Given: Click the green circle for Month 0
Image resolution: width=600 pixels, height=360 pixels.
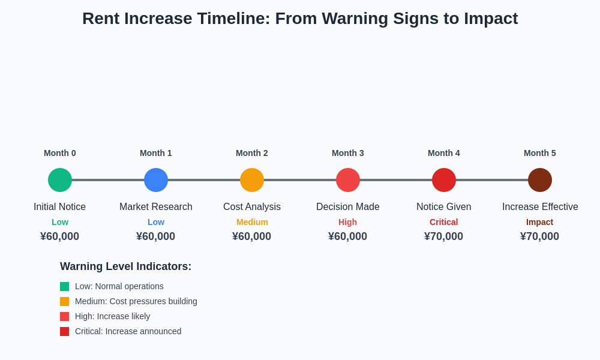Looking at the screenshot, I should tap(60, 180).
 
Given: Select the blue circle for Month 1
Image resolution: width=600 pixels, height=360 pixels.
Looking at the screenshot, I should tap(156, 180).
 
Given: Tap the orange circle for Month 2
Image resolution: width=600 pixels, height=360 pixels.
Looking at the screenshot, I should tap(252, 180).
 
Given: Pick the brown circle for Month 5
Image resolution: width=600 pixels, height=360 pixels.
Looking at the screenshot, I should tap(540, 180).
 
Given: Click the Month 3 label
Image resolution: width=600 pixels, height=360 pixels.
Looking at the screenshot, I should tap(348, 153).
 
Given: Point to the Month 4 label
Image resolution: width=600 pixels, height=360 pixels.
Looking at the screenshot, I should tap(444, 153).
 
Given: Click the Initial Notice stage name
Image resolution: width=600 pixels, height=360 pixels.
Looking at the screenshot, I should tap(60, 207).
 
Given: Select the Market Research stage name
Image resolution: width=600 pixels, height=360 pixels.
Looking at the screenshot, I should tap(156, 207).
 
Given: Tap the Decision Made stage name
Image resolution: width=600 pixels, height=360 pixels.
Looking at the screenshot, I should tap(348, 207).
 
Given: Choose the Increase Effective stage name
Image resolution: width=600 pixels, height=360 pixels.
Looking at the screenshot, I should tap(540, 207).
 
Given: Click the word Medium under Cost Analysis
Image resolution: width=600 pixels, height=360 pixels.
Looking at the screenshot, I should tap(252, 222).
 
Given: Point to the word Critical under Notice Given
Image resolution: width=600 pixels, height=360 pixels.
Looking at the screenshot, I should tap(444, 222).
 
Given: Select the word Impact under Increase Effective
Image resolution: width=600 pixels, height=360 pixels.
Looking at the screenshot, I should tap(540, 222).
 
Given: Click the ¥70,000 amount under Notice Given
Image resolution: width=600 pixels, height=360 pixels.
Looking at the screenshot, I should tap(444, 236).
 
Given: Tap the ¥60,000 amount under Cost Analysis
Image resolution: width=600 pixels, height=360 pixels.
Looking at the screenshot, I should tap(252, 236).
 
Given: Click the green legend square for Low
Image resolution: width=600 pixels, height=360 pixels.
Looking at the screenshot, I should tap(64, 286).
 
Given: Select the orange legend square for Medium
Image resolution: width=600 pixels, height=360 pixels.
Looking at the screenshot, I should tap(64, 301).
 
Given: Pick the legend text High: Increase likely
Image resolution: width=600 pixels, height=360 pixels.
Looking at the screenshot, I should tap(112, 316).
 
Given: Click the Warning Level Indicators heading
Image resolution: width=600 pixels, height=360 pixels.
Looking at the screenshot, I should tap(125, 266).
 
